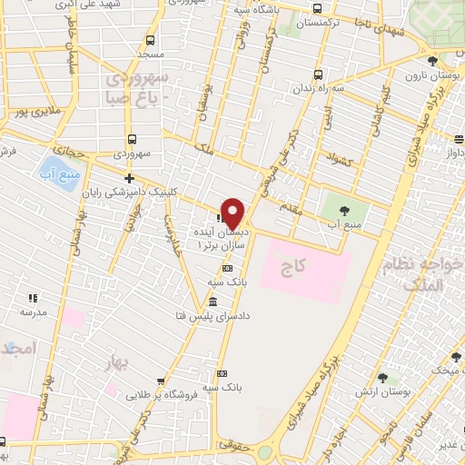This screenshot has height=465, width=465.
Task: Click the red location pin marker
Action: (x=233, y=213)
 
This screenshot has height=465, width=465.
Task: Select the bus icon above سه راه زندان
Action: (x=317, y=74)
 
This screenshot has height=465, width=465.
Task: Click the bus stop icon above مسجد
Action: (x=151, y=41)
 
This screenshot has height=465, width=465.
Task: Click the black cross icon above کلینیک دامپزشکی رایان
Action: (x=130, y=178)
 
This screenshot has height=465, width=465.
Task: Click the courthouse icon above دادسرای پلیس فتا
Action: (x=213, y=302)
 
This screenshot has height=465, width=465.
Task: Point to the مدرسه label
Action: (x=34, y=312)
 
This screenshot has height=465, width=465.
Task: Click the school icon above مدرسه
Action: (x=34, y=298)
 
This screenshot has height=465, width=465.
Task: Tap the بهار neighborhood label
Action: (x=118, y=364)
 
